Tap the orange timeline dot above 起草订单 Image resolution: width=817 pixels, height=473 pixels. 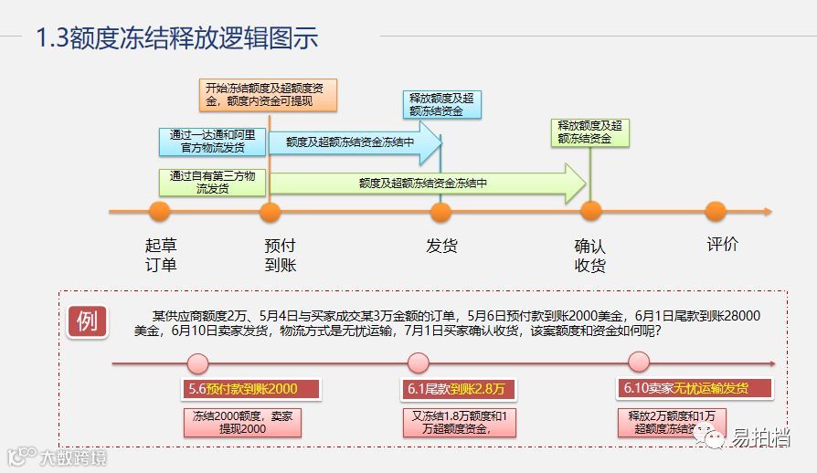pos(160,212)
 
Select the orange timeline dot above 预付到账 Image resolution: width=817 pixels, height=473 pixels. pos(270,212)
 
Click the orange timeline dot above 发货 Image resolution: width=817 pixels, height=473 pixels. pos(440,212)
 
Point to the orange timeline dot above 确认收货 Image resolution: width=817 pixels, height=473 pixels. pos(591,212)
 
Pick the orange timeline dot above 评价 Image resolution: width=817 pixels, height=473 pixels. pos(716,212)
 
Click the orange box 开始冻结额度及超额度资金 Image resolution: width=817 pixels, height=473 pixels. pos(269,95)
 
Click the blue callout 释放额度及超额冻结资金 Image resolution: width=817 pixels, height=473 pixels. pos(441,104)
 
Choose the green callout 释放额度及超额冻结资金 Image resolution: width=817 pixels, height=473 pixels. pos(590,132)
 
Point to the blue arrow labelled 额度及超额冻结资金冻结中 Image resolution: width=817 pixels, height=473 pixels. pos(352,142)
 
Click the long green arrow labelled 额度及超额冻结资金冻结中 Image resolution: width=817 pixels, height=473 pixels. pos(425,184)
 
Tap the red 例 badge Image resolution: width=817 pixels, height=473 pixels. pos(87,321)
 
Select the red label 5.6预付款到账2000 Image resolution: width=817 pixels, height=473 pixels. pos(242,389)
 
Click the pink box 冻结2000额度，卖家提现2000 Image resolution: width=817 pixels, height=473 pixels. pos(242,422)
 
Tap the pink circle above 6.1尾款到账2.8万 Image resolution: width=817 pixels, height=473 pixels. pos(418,363)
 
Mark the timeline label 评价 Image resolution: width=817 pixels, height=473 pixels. pos(722,245)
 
